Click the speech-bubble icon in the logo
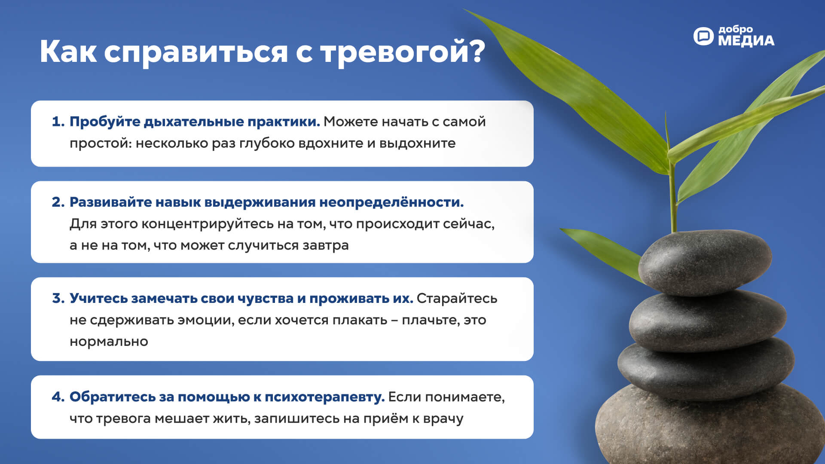[703, 36]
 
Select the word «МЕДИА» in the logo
[746, 41]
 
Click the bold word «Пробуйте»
[105, 122]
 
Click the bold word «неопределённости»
[391, 202]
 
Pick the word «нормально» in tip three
[109, 342]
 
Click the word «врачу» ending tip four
[443, 419]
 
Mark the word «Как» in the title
[68, 52]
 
